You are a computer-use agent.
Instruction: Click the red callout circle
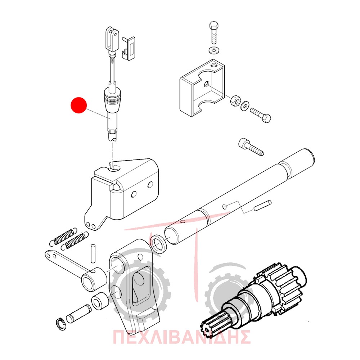tap(78, 105)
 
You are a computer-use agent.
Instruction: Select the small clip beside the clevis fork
tap(129, 49)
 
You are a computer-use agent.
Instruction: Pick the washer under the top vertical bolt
tap(214, 50)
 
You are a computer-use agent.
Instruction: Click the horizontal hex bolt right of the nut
tap(261, 115)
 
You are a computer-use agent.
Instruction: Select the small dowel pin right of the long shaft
tap(263, 206)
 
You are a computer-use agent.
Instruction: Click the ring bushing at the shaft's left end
tap(159, 244)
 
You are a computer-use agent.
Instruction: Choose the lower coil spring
tap(75, 240)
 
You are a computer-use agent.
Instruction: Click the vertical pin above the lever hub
tap(93, 254)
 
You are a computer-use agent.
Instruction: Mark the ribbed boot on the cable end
tap(112, 96)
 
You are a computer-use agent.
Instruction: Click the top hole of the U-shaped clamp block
tap(214, 66)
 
